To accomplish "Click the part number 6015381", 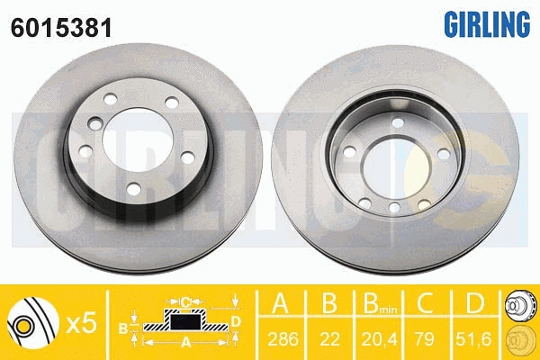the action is [x=61, y=28].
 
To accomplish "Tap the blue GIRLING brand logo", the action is [x=487, y=23].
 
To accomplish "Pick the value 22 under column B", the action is [x=329, y=339].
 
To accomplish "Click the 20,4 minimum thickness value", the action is [x=379, y=339].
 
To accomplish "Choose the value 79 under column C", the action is [x=424, y=339].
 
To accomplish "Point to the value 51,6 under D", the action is [x=473, y=339].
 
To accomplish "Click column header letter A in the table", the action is [x=280, y=303].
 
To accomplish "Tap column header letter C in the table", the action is [x=425, y=303].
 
